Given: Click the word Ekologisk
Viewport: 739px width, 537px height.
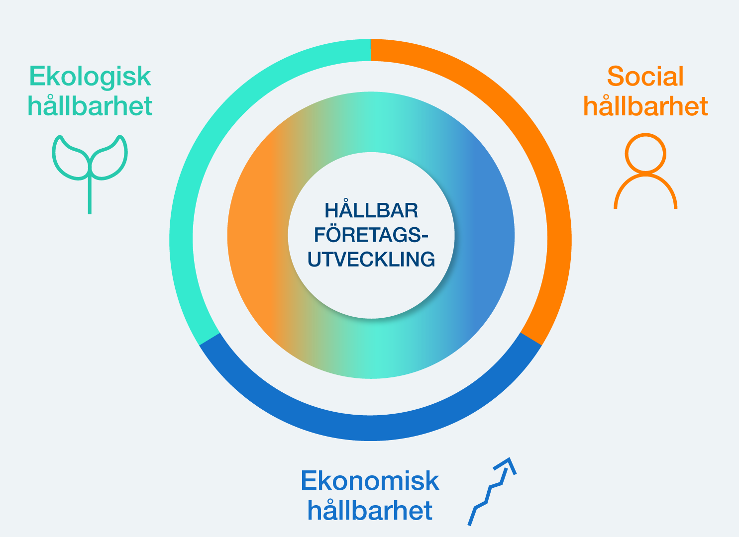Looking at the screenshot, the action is [90, 77].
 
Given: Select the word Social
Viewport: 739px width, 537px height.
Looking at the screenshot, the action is [645, 76].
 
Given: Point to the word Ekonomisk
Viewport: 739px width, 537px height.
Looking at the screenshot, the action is [370, 481].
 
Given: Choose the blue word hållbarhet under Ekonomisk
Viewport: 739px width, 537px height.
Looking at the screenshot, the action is [370, 510].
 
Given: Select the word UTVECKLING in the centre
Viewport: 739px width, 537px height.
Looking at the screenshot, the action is [371, 259].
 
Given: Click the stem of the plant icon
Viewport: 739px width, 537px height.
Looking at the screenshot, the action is [90, 196].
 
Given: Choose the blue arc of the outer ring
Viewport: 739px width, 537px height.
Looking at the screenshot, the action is [370, 428].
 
